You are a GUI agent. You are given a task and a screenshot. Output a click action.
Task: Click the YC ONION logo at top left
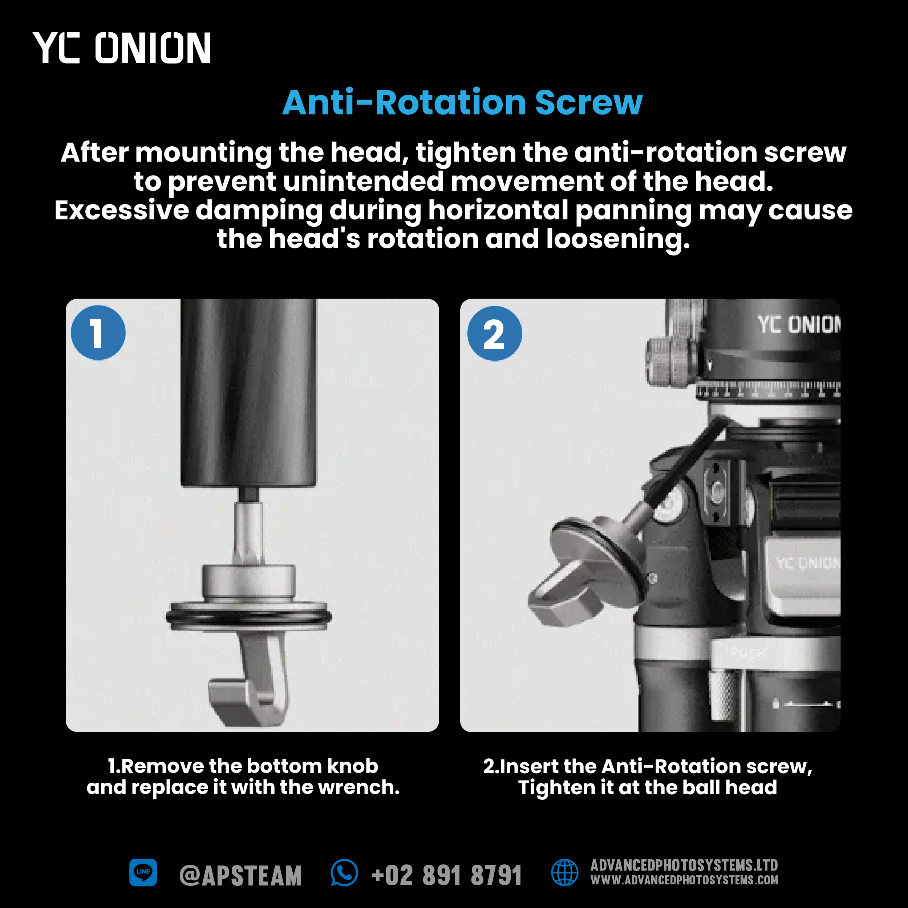(x=122, y=48)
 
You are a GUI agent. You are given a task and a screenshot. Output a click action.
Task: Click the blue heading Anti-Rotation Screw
(x=462, y=102)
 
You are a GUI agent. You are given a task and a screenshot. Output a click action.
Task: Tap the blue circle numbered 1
(x=98, y=333)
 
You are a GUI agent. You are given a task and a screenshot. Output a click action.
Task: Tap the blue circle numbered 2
(x=494, y=334)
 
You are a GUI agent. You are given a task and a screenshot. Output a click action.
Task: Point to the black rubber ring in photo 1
(x=249, y=617)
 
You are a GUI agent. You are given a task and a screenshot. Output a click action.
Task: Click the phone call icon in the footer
(x=344, y=872)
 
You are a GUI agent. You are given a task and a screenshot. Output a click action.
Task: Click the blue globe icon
(x=564, y=872)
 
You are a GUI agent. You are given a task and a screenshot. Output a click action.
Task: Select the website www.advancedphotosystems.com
(x=684, y=880)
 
